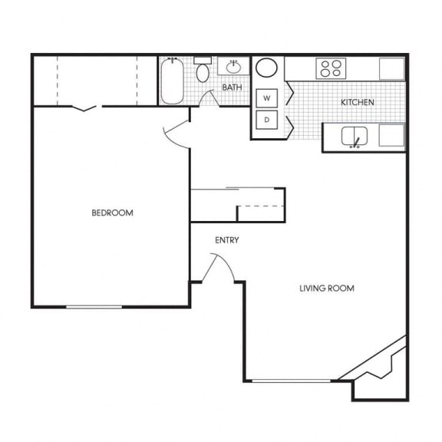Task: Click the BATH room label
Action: click(x=232, y=87)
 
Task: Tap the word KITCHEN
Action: click(x=358, y=102)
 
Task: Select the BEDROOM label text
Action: click(x=112, y=213)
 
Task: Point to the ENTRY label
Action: click(x=226, y=240)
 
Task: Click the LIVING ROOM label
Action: click(x=326, y=289)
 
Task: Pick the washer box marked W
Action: click(x=266, y=98)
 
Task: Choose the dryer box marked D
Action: click(x=266, y=120)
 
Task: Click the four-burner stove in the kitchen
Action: click(x=331, y=68)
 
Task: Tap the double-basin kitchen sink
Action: click(x=355, y=137)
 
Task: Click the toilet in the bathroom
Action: click(x=203, y=71)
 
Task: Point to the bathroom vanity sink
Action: click(x=231, y=66)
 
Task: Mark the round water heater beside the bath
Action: click(x=267, y=68)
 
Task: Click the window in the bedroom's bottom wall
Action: click(x=93, y=306)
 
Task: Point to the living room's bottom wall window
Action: click(x=292, y=381)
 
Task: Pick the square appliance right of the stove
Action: click(x=392, y=68)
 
